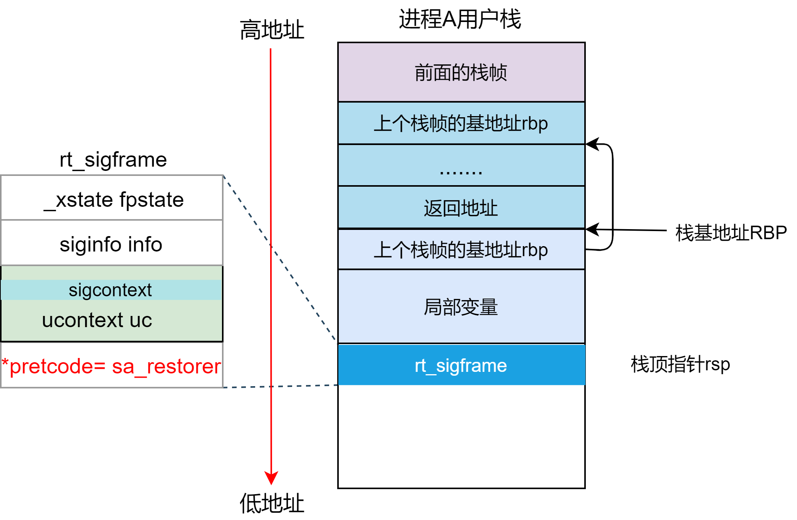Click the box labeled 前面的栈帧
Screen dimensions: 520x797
click(x=461, y=72)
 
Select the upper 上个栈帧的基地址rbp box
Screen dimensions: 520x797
click(x=461, y=123)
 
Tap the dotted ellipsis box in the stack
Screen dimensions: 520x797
click(x=461, y=166)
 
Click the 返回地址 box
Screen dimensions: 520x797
click(x=461, y=208)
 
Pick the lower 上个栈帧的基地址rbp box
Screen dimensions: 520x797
click(x=461, y=250)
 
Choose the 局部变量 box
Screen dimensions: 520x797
click(x=461, y=307)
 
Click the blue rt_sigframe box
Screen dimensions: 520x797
click(x=461, y=365)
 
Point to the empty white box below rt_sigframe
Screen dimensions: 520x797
click(x=461, y=436)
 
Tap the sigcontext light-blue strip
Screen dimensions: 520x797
click(x=110, y=290)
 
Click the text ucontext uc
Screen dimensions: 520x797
click(x=97, y=320)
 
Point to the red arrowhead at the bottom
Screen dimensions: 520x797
click(x=271, y=478)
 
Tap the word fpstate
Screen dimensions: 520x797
click(x=151, y=199)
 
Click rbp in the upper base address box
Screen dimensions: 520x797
click(x=535, y=123)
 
